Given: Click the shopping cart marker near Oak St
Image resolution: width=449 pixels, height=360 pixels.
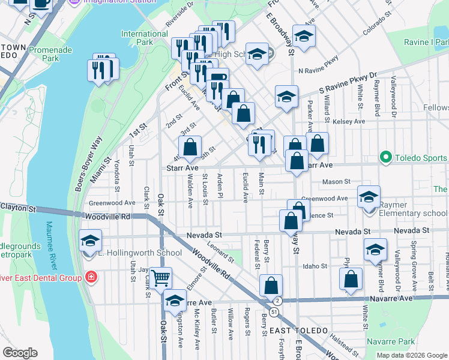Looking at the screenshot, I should click(161, 278).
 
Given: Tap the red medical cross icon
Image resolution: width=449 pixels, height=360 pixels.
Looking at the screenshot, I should click(91, 277).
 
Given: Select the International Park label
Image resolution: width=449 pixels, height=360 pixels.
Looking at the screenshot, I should click(144, 38).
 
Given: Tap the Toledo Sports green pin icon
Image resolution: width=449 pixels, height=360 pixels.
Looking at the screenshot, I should click(385, 158).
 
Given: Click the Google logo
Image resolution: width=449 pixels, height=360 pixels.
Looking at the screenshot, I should click(20, 353).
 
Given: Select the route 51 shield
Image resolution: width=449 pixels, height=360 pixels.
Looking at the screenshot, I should click(274, 312).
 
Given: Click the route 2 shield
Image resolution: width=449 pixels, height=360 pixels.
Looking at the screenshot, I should click(277, 301).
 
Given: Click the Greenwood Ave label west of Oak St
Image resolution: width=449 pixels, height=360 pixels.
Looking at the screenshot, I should click(112, 203).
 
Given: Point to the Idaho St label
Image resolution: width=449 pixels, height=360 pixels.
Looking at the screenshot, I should click(315, 266).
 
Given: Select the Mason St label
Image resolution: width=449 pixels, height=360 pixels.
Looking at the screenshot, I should click(336, 181).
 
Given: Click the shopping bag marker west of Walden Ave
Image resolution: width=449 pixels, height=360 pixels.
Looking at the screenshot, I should click(190, 147).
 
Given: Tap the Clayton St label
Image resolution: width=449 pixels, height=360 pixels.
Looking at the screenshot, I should click(18, 208).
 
